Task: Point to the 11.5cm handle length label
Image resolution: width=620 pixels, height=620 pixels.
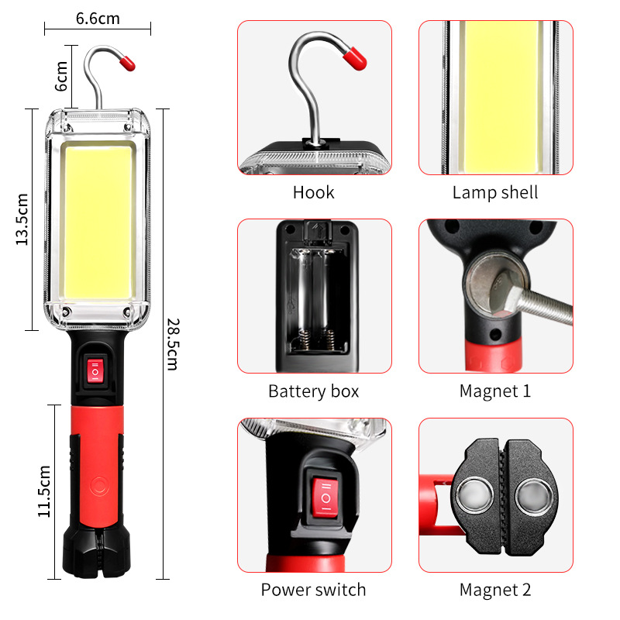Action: (44, 491)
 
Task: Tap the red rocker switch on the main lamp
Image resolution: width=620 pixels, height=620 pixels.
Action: (95, 371)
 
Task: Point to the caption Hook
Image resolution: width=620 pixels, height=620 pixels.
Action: (314, 193)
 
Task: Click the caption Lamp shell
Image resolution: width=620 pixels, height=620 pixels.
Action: (495, 193)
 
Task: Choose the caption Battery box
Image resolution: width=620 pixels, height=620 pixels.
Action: (314, 391)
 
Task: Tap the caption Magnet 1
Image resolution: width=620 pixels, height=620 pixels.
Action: (495, 391)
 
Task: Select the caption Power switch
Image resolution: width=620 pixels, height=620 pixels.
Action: (313, 590)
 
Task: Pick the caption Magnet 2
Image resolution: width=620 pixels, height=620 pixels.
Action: (495, 590)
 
